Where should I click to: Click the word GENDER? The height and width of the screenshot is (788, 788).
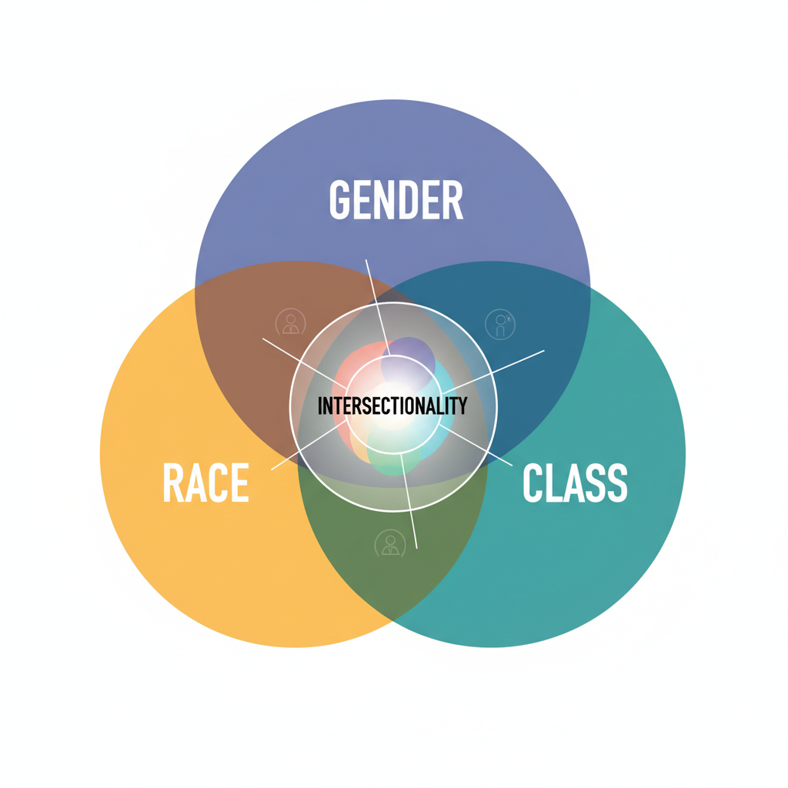click(x=396, y=200)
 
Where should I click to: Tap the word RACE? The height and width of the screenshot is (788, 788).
click(x=205, y=483)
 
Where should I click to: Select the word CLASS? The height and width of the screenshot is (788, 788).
click(x=575, y=483)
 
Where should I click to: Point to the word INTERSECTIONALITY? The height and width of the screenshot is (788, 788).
click(x=392, y=406)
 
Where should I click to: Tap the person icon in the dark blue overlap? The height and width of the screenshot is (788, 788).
click(x=500, y=324)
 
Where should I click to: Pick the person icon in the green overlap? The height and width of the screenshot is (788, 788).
click(x=390, y=544)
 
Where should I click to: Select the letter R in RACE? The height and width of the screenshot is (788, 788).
click(x=173, y=483)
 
